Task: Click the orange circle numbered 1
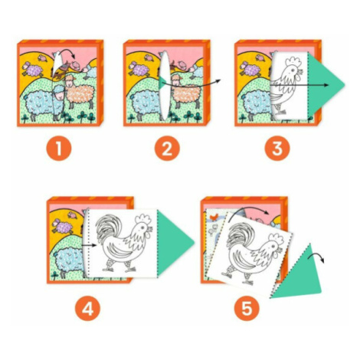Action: (59, 149)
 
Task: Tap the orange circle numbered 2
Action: (167, 149)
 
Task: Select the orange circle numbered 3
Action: (277, 149)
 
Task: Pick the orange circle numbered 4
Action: (87, 308)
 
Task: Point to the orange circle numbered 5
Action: (247, 308)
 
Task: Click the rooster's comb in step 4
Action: (143, 218)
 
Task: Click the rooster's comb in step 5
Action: (277, 239)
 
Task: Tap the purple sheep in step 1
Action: (33, 69)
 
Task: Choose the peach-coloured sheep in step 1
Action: (80, 90)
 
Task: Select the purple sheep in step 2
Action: (139, 69)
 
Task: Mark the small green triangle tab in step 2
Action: (162, 83)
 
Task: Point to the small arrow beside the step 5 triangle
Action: (316, 258)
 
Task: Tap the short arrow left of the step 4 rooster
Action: (89, 246)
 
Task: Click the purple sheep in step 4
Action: (63, 227)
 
